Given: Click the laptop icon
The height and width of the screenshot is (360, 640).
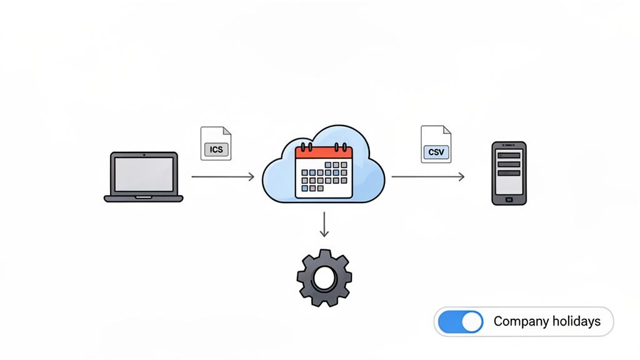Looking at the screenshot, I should [144, 177].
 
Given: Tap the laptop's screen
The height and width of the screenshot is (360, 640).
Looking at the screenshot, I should [144, 172].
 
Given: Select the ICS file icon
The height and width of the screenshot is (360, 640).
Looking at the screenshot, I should [216, 144].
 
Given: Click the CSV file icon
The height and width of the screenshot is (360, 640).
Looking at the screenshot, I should [436, 144].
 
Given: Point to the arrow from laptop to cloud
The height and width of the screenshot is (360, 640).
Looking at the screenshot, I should [222, 177].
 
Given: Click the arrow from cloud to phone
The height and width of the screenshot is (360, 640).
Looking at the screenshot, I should [428, 177].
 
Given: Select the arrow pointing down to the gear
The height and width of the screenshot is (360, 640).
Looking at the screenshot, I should [324, 225].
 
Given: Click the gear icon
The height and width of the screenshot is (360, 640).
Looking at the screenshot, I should [324, 277].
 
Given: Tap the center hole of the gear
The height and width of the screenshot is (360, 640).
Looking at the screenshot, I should [324, 277].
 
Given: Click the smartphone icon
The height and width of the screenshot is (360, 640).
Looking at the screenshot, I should [509, 173].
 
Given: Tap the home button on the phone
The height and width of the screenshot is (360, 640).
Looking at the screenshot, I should [509, 199].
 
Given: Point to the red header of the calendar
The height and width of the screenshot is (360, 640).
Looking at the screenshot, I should [324, 152].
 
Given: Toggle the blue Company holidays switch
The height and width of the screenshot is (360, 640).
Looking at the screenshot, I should [461, 322].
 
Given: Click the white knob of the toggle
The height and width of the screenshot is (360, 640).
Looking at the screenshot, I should [472, 322].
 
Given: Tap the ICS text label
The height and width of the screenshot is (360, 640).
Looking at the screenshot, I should [216, 150].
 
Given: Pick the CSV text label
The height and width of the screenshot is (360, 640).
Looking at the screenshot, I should [436, 152].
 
